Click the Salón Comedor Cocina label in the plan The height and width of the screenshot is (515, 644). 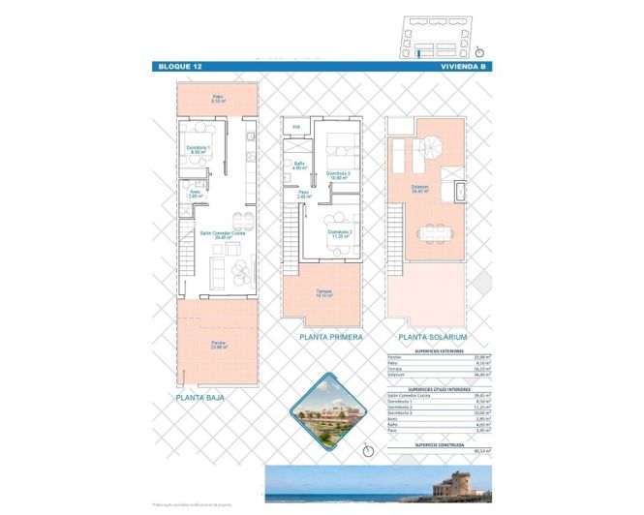pos(220,233)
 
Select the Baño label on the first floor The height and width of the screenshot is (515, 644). pos(300,166)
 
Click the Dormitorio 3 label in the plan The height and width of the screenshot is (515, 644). pos(337,174)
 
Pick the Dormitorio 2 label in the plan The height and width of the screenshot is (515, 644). pos(338,233)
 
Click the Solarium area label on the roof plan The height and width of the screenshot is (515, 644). pos(419,190)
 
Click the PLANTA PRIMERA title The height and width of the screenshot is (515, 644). pos(331,337)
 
